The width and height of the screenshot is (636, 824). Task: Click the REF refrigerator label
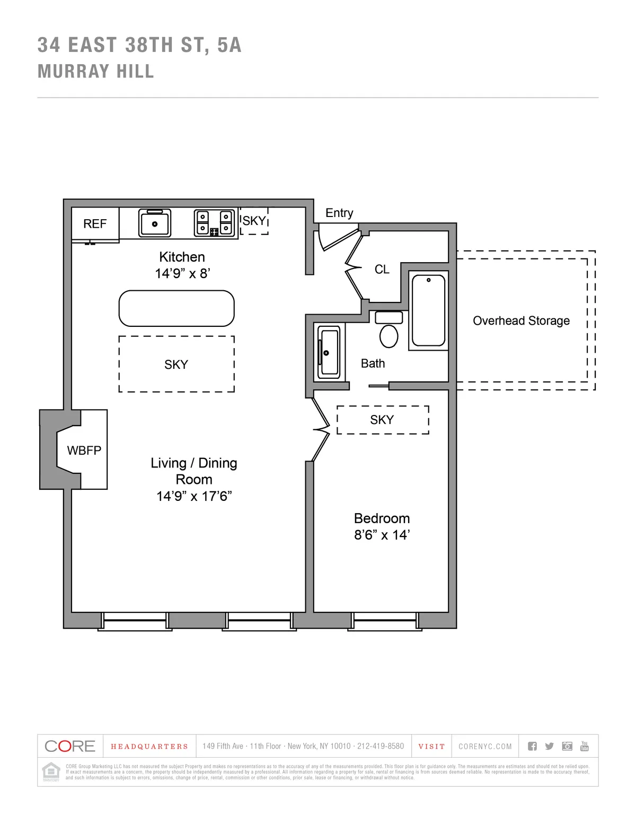[95, 224]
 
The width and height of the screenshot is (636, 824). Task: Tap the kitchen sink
[155, 223]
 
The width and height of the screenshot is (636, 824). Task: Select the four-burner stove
[214, 223]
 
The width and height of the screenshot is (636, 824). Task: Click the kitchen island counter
[176, 308]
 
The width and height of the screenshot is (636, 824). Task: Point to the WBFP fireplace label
[84, 450]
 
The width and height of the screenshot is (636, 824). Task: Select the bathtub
[428, 310]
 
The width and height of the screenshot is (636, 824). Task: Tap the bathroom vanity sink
[328, 352]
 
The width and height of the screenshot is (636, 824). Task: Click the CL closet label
[382, 270]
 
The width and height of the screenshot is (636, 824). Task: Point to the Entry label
[339, 213]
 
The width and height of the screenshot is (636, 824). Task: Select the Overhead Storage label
[521, 320]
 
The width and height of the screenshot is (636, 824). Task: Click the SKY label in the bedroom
[382, 420]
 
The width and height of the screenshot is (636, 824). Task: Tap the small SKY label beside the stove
[254, 221]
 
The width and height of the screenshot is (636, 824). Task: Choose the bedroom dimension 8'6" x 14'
[382, 535]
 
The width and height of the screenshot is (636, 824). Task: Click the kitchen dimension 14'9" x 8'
[182, 273]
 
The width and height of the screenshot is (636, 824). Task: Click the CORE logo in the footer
[70, 746]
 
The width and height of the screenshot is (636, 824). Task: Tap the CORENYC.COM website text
[485, 747]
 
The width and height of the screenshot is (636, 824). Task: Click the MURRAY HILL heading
[95, 71]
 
